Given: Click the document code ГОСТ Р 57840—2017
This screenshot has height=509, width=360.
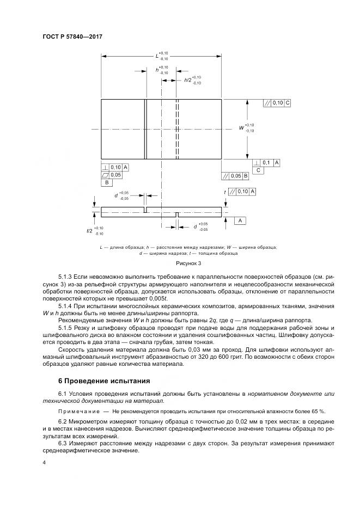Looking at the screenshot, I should [72, 36].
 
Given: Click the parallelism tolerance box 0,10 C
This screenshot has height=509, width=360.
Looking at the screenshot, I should [277, 103].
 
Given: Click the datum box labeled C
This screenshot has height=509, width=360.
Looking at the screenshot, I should [259, 170].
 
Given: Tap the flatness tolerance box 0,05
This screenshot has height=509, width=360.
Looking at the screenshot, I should [112, 175].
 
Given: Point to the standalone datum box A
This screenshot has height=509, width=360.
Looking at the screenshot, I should [241, 219].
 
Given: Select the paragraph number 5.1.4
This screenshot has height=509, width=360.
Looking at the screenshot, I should [65, 306].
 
